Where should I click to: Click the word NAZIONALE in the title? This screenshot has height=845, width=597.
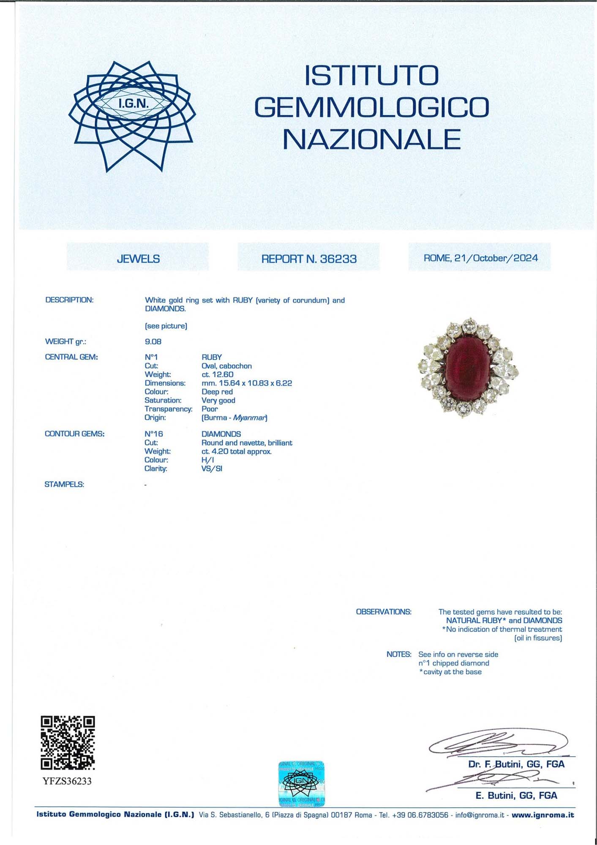click(371, 139)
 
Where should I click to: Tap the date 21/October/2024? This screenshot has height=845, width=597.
click(496, 258)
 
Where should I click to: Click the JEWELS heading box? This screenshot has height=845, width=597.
click(138, 259)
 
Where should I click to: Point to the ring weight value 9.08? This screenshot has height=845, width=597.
click(153, 341)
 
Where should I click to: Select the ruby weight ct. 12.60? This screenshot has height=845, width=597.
click(218, 375)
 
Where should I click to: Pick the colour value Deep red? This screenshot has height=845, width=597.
click(217, 392)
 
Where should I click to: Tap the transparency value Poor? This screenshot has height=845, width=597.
click(210, 409)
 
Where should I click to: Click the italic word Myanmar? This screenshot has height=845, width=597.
click(249, 418)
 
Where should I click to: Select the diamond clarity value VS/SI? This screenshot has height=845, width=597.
click(212, 469)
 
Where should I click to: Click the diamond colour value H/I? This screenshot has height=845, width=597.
click(207, 460)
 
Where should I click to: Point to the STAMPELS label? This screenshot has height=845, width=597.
click(64, 485)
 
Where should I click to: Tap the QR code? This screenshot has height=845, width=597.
click(68, 743)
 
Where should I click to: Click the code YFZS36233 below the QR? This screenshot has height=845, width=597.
click(67, 781)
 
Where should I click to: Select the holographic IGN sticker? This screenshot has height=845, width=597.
click(301, 783)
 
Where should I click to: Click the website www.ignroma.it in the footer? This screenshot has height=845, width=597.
click(542, 815)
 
